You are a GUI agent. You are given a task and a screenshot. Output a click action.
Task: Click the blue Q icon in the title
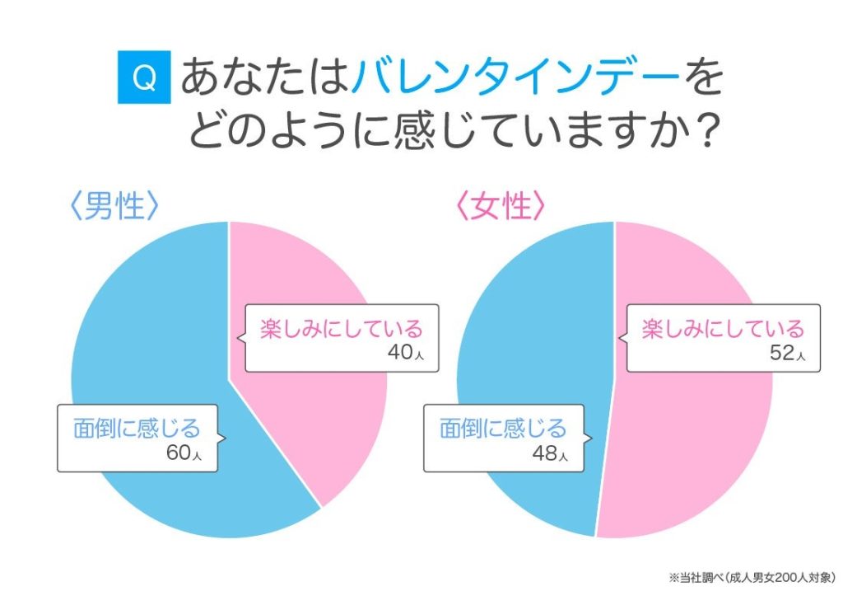(144, 77)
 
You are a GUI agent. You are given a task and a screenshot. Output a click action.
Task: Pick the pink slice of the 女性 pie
(700, 445)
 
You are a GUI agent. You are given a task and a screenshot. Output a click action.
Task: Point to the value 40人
(409, 354)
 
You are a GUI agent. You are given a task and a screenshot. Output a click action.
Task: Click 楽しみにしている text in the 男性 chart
(341, 329)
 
